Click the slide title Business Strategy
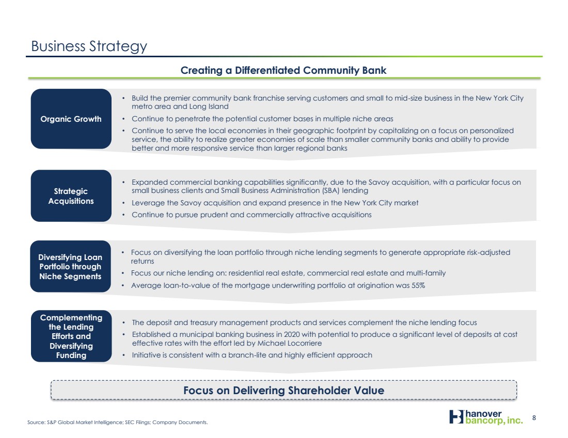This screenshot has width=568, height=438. [89, 47]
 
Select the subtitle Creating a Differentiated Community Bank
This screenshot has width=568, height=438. [283, 70]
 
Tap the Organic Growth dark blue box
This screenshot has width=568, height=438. [71, 119]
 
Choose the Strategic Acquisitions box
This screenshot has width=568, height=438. [71, 196]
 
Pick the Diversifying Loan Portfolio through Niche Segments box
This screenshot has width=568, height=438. [70, 266]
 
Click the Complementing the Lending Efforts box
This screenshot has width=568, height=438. [71, 336]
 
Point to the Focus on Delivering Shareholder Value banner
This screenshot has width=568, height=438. [283, 390]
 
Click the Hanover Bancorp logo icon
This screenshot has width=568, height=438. [456, 417]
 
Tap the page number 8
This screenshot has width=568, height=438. [534, 418]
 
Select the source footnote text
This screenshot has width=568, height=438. [118, 422]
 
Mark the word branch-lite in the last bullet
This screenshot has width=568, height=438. [246, 355]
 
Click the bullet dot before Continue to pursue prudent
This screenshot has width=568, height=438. [123, 215]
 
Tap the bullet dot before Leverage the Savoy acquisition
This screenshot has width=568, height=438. [123, 203]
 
